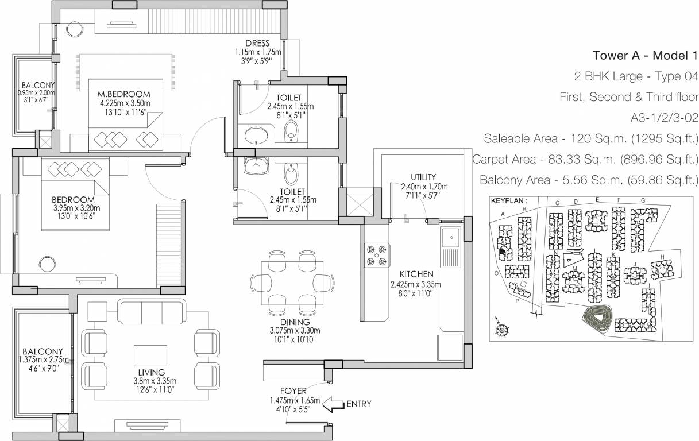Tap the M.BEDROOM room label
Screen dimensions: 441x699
tap(123, 94)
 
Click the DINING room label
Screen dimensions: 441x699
tap(295, 322)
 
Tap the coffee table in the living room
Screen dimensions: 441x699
tap(150, 357)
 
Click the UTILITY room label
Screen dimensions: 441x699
tap(423, 177)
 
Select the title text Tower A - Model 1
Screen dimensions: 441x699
tap(644, 56)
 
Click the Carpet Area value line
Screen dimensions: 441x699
tap(585, 159)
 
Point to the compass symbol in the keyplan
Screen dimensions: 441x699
tap(502, 330)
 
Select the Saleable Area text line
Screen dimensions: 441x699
tap(590, 138)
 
